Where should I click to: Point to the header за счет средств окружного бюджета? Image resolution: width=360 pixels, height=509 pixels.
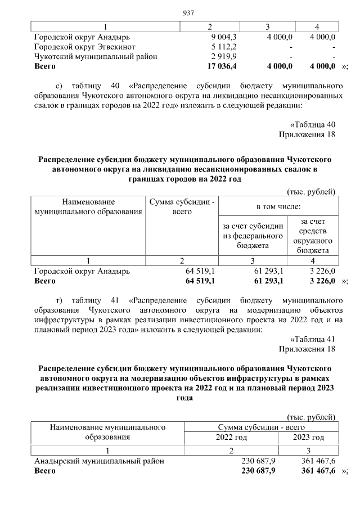pos(313,236)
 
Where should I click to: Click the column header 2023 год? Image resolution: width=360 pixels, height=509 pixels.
pos(309,437)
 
